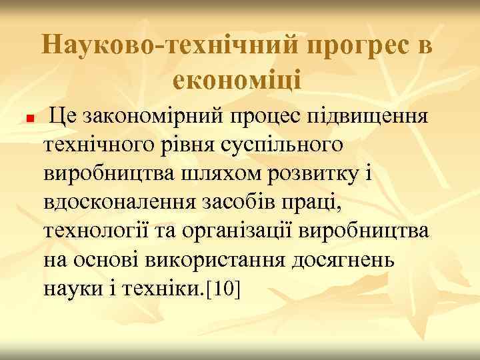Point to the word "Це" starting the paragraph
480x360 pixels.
tap(66, 118)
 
